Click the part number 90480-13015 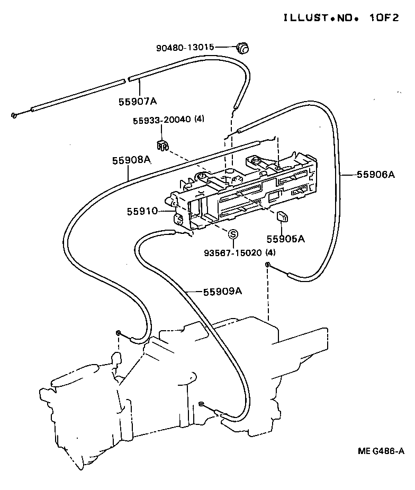tap(185, 48)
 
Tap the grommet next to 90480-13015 tap(243, 48)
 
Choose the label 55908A tap(131, 160)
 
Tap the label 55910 tap(142, 211)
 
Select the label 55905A tap(285, 239)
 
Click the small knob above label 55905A tap(282, 215)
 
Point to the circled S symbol tap(233, 234)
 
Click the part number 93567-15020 tap(233, 252)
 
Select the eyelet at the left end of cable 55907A tap(14, 115)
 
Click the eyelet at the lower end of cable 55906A tap(268, 265)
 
